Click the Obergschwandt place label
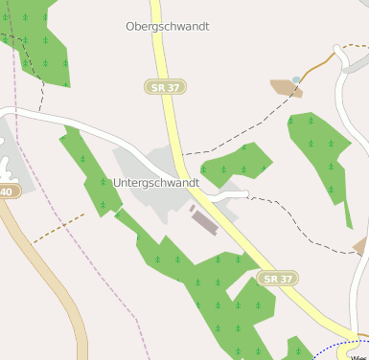click(x=168, y=27)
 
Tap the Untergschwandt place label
click(x=156, y=182)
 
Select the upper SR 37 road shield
click(x=166, y=87)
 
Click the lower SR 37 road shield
click(x=278, y=278)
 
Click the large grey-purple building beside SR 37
click(x=205, y=222)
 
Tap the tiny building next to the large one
click(x=193, y=208)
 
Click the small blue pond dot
click(x=297, y=79)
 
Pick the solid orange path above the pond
click(x=321, y=63)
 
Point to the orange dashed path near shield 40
click(x=58, y=228)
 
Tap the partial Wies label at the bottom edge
click(x=359, y=355)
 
